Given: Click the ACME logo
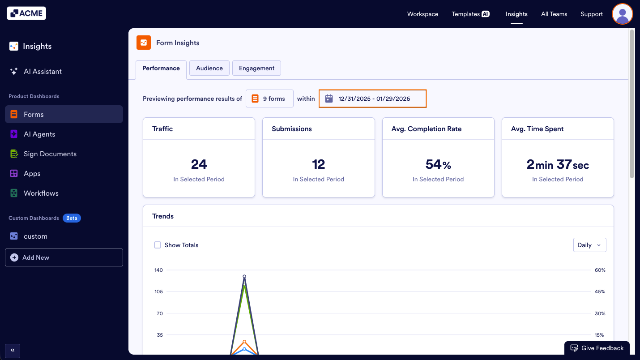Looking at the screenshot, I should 26,13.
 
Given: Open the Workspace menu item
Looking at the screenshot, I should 422,14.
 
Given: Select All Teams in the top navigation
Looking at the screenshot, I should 554,14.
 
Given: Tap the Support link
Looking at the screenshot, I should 592,14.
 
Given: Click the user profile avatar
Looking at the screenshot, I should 622,14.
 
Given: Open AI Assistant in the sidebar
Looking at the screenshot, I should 43,72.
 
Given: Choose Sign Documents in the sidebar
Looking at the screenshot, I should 50,154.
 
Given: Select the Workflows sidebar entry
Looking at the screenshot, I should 41,193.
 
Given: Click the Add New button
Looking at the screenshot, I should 64,257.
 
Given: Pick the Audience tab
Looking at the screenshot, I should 209,68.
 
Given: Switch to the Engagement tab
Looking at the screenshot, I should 256,68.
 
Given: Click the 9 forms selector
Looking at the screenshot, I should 269,99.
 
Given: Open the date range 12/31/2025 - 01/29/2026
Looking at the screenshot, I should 373,99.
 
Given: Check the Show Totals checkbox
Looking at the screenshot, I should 158,245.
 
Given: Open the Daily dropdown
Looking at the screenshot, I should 589,245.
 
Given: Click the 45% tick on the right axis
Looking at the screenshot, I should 600,291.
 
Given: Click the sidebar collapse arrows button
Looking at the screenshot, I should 13,350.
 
